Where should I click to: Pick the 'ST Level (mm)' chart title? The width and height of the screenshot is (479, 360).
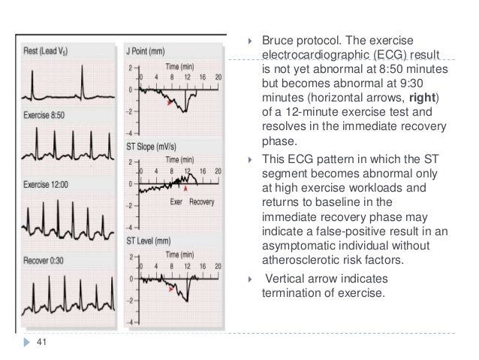coord(148,240)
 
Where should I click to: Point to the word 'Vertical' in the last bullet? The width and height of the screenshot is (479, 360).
coord(288,276)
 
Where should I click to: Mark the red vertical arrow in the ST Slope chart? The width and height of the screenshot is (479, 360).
coord(187,178)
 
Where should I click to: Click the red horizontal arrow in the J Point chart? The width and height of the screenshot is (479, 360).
coord(170,101)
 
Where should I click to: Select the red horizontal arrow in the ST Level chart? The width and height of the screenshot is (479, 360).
coord(173,288)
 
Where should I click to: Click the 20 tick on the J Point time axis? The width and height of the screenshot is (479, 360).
coord(217,76)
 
